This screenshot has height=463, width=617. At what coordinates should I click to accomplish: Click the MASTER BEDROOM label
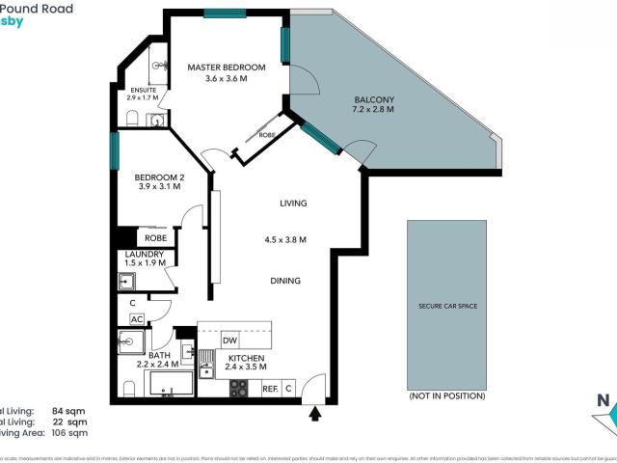point(226,67)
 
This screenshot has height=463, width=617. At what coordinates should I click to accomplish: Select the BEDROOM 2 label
point(159,177)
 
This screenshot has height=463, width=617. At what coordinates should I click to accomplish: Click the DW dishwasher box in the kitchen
point(229,340)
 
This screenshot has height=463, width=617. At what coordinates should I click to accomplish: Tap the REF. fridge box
point(270,389)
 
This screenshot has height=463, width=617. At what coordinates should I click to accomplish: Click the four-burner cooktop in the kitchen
point(238,389)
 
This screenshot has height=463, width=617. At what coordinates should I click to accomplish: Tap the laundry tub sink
point(126,281)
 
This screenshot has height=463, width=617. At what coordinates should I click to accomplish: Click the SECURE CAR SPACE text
point(446,306)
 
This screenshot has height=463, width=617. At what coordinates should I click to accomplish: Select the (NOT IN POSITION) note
point(446,396)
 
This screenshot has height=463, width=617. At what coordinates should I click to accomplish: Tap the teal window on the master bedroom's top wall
point(224,14)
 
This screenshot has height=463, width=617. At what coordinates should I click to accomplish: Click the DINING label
point(285,281)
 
